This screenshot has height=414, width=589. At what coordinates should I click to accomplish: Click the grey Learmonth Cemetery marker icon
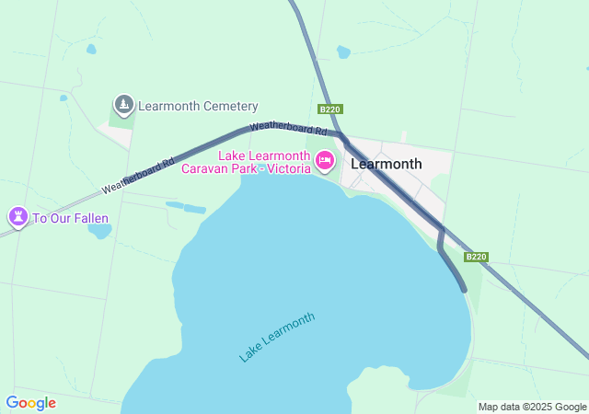(x=124, y=105)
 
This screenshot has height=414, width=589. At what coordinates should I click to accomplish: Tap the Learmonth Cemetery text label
(x=198, y=107)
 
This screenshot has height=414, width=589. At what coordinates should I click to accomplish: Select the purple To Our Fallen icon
(x=17, y=217)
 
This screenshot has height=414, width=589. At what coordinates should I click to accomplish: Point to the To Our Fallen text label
(x=71, y=219)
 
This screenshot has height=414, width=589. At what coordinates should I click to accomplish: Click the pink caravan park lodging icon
(x=324, y=161)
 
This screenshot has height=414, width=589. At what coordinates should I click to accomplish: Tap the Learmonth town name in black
(x=387, y=165)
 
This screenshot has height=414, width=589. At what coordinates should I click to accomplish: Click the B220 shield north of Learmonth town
(x=329, y=109)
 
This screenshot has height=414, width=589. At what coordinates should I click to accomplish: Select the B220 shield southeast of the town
(x=476, y=257)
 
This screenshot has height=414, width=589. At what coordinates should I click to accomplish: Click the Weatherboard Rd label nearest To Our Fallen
(x=138, y=175)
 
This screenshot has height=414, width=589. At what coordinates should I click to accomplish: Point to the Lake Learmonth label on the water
(x=277, y=336)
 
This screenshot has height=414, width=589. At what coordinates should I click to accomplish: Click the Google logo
(x=30, y=403)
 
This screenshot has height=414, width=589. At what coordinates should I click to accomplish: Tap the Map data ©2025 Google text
(x=532, y=407)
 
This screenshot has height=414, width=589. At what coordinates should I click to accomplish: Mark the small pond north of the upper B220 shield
(x=343, y=52)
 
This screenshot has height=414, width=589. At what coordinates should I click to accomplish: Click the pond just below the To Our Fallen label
(x=99, y=231)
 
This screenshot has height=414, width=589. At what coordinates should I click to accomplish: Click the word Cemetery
(x=230, y=107)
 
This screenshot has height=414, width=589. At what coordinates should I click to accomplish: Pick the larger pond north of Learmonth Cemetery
(x=90, y=49)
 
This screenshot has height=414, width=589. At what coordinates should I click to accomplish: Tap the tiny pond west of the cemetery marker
(x=64, y=98)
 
